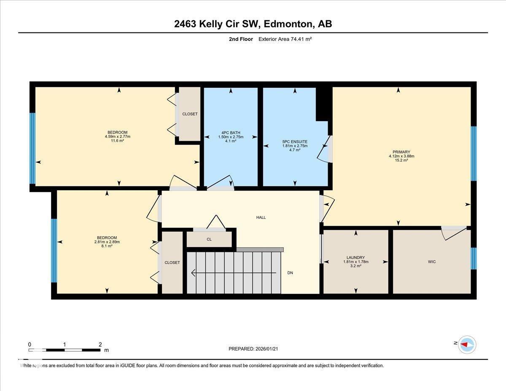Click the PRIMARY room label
click(398, 152)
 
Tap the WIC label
click(431, 262)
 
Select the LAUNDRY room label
click(355, 257)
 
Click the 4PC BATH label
click(231, 132)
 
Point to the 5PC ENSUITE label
click(295, 141)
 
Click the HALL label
click(261, 217)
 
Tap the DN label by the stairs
click(290, 273)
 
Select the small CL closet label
click(209, 239)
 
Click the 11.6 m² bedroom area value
click(118, 140)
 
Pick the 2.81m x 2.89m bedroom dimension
click(107, 242)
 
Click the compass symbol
click(467, 344)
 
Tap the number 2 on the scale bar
click(100, 344)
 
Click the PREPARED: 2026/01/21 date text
click(253, 349)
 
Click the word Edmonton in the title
click(287, 24)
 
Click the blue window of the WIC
click(474, 258)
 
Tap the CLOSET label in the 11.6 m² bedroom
click(190, 114)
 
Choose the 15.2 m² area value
click(398, 160)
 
